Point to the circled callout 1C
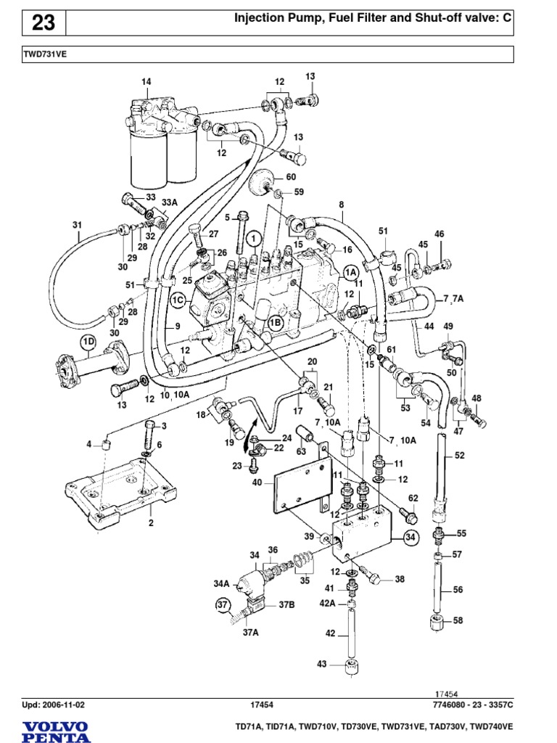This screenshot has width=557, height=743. coord(178,299)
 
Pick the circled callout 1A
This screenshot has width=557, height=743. coord(352,271)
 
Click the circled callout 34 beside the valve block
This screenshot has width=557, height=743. coord(411,538)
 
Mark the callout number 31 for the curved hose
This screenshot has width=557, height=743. coord(78,225)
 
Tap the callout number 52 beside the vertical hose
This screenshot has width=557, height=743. coord(459,456)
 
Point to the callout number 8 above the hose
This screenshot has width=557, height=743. coord(341,205)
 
